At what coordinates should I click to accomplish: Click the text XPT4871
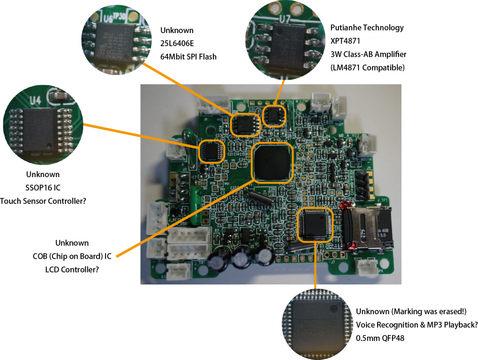coord(346,41)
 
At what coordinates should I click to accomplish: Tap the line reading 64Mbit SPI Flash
coord(189,57)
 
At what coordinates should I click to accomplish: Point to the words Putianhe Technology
coord(367,28)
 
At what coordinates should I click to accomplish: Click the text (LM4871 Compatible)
coord(367,68)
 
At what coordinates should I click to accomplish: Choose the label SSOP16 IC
coord(42,188)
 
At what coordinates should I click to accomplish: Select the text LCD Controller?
coord(72,270)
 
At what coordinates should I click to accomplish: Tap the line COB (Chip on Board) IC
coord(72,256)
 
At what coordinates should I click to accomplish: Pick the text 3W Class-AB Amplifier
coord(368,55)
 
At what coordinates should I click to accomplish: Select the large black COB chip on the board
coord(272,162)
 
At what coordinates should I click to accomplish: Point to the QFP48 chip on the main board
coord(316,224)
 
